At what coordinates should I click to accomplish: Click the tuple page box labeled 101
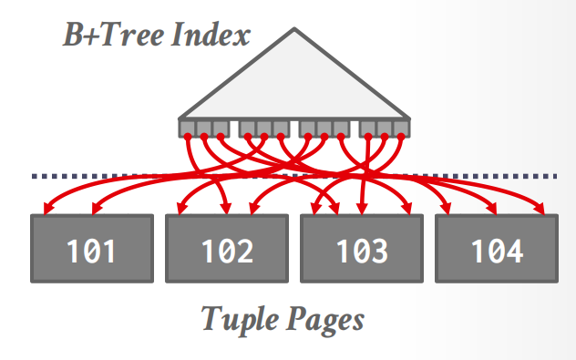coord(92,249)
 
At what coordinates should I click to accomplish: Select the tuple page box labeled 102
coord(227,249)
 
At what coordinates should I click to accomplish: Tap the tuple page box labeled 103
coord(362,249)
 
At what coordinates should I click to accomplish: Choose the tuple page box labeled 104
coord(497,249)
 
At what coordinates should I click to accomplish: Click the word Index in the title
coord(211,34)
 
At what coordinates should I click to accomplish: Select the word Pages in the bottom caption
coord(325,320)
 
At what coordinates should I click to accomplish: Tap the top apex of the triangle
coord(294,28)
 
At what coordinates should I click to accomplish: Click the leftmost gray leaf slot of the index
coord(187,129)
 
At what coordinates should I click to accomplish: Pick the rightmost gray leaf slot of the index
coord(401,129)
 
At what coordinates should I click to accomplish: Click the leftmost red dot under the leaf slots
coord(188,137)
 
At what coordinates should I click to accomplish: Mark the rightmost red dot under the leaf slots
coord(401,137)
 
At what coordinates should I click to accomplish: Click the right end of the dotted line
coord(556,176)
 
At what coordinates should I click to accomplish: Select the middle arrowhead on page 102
coord(227,209)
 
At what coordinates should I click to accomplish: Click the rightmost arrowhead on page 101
coord(95,209)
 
